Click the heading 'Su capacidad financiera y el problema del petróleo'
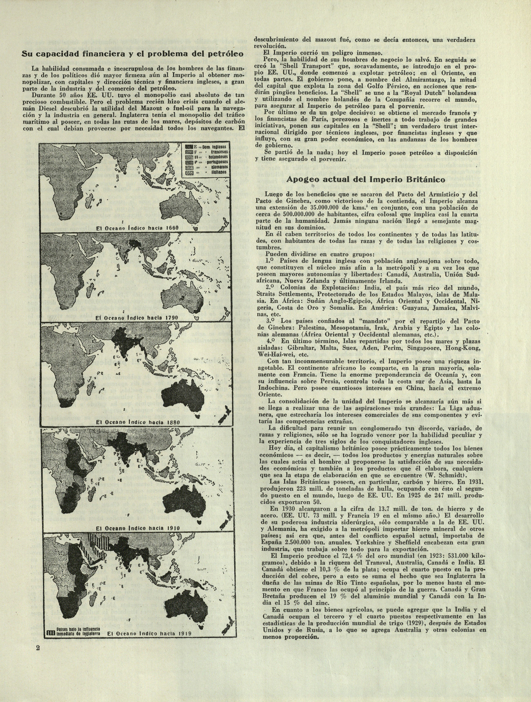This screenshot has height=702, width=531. [x=132, y=54]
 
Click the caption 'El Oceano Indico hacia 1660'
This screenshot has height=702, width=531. [x=138, y=228]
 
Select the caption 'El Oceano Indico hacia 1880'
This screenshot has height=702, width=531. [x=138, y=422]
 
